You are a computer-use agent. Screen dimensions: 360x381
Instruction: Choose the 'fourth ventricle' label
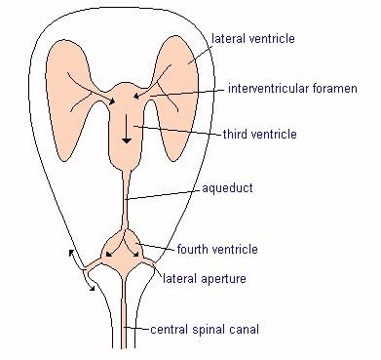coord(219,250)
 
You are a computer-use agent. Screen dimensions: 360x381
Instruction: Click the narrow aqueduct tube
coord(125,195)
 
